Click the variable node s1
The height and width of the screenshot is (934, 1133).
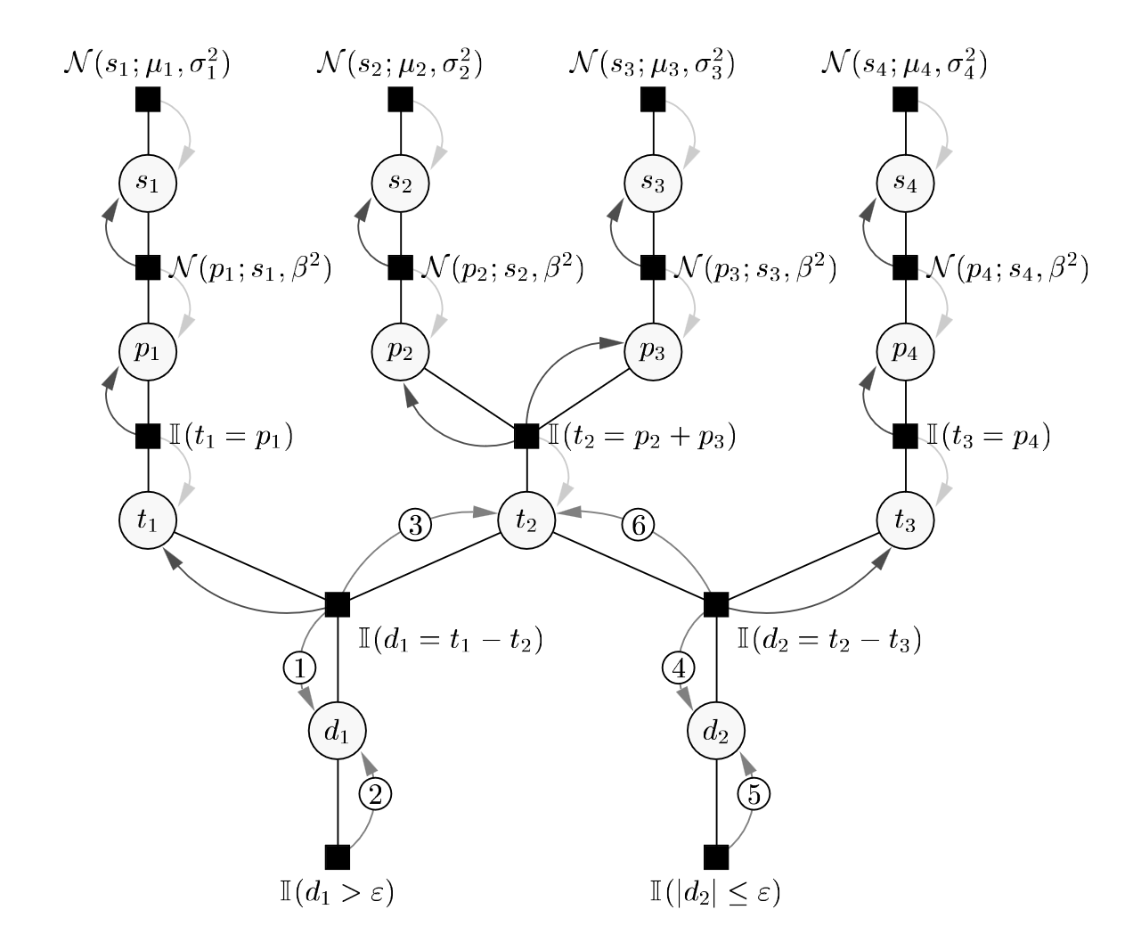coord(148,183)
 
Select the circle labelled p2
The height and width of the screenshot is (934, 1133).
coord(400,351)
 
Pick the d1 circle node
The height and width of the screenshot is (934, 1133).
coord(338,732)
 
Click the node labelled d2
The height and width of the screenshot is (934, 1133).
coord(716,732)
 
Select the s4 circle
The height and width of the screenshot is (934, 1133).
coord(905,183)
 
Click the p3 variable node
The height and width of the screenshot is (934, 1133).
coord(653,351)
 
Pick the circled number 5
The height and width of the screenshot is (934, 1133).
coord(754,793)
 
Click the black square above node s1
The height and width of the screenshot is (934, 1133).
coord(148,99)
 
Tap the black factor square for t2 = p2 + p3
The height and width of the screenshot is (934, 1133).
coord(526,436)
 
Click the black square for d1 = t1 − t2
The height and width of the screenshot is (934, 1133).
coord(338,604)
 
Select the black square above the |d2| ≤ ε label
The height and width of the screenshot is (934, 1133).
coord(716,856)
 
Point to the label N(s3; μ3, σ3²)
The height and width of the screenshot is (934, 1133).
coord(651,65)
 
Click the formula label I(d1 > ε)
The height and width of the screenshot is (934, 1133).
coord(337,892)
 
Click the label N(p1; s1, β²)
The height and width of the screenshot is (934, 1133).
coord(249,268)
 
